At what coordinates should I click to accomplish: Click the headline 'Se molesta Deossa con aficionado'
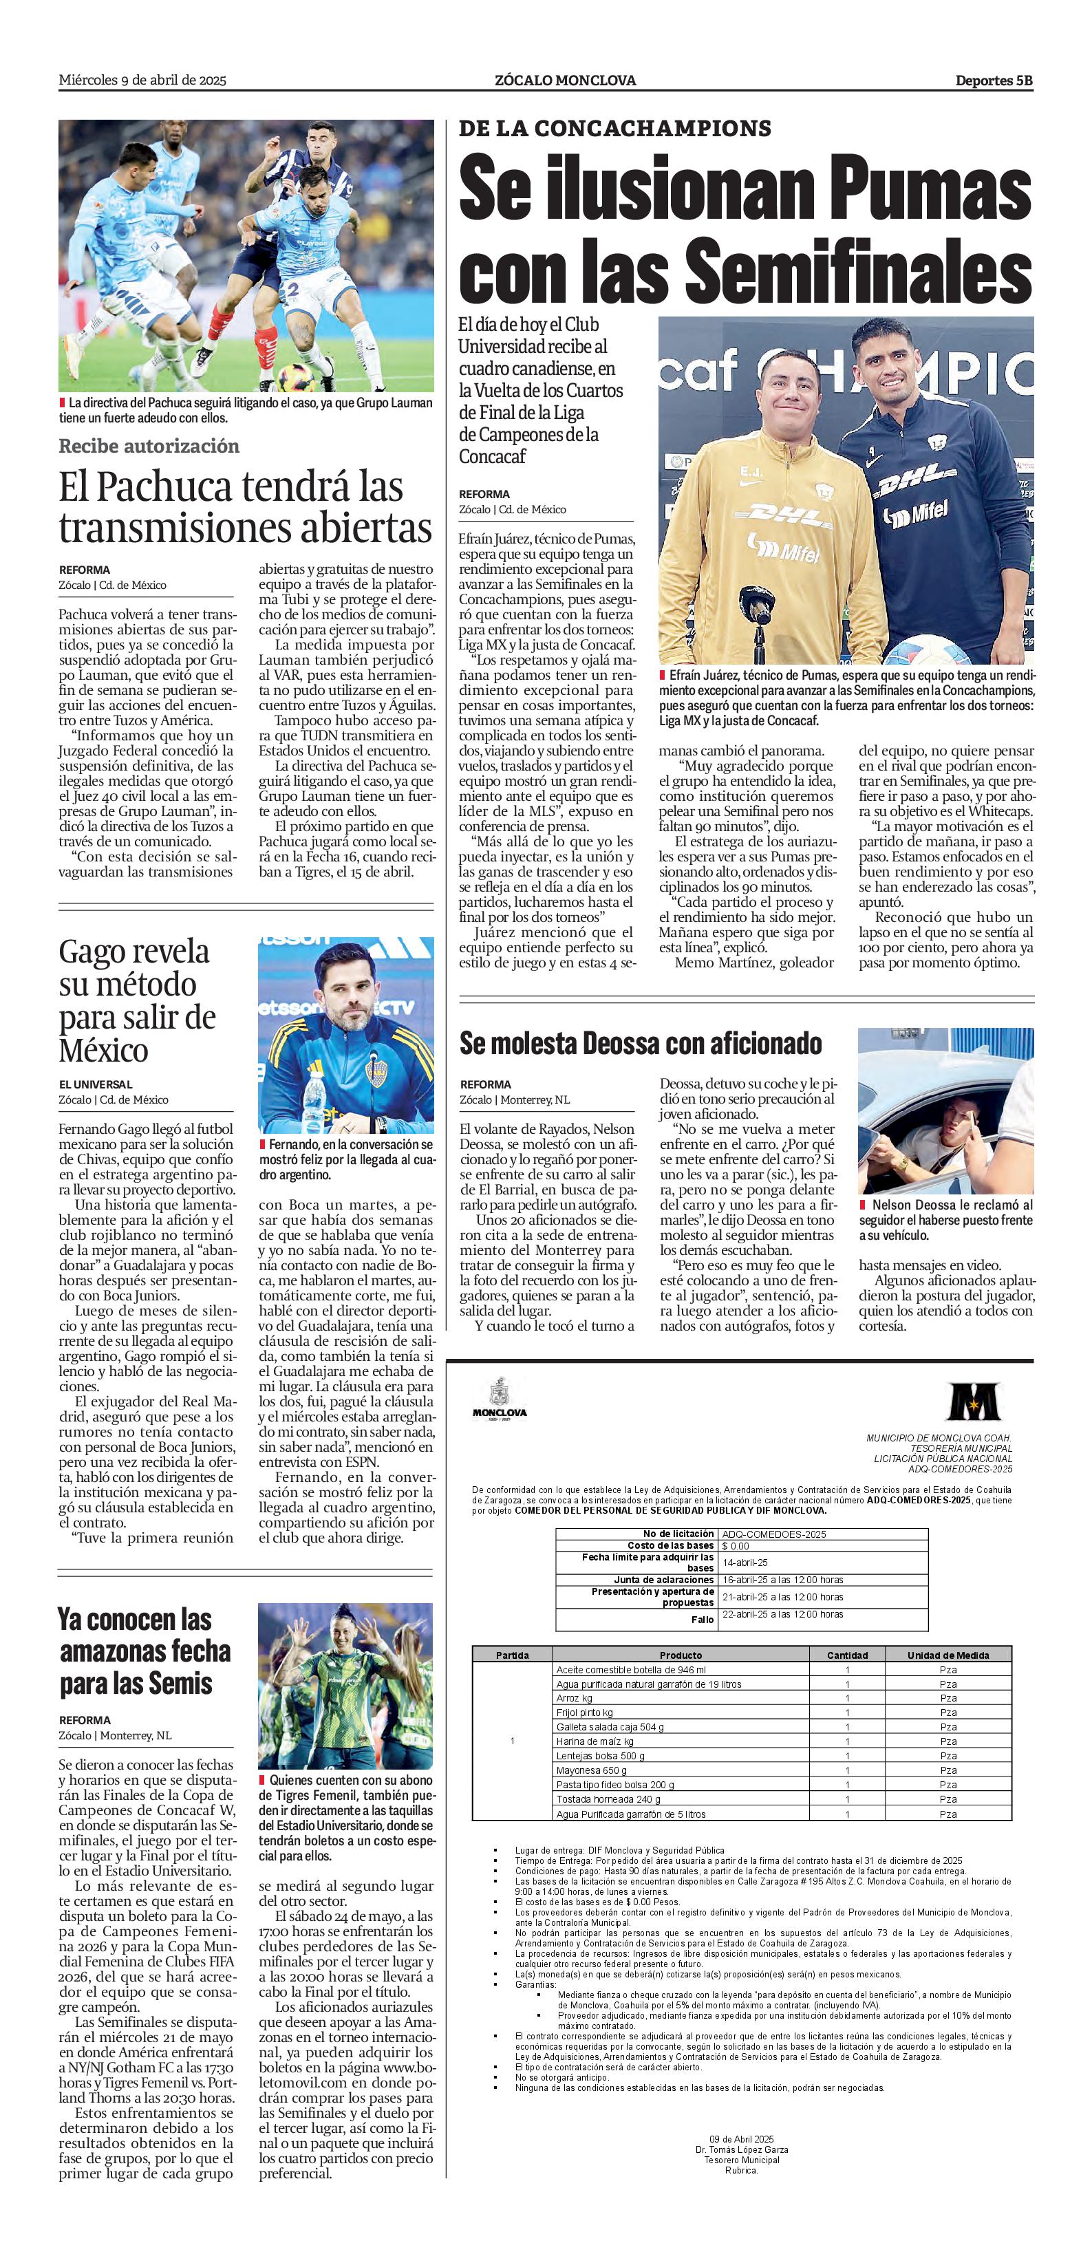point(641,1044)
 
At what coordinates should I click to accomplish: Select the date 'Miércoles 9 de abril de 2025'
point(142,80)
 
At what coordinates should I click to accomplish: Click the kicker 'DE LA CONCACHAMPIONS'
point(614,129)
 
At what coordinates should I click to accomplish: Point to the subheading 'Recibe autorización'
point(149,447)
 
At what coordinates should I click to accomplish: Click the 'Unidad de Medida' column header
point(948,1655)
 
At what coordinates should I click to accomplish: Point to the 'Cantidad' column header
point(847,1655)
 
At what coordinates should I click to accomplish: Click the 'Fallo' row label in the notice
point(702,1620)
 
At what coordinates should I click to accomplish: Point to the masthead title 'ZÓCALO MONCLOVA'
point(565,80)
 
